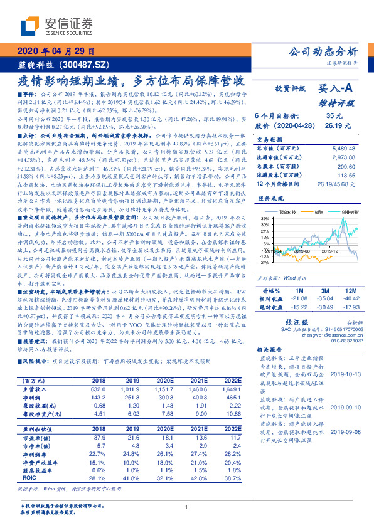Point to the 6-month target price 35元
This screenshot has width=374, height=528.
click(x=334, y=116)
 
